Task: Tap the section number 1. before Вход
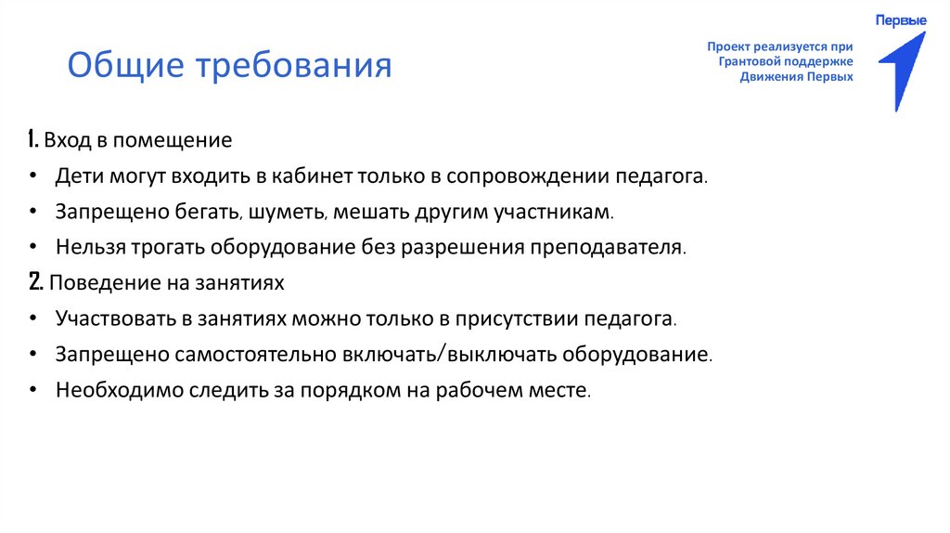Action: pyautogui.click(x=33, y=141)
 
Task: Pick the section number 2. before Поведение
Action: pyautogui.click(x=35, y=281)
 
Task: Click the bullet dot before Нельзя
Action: pyautogui.click(x=33, y=248)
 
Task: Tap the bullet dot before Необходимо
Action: pyautogui.click(x=33, y=389)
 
